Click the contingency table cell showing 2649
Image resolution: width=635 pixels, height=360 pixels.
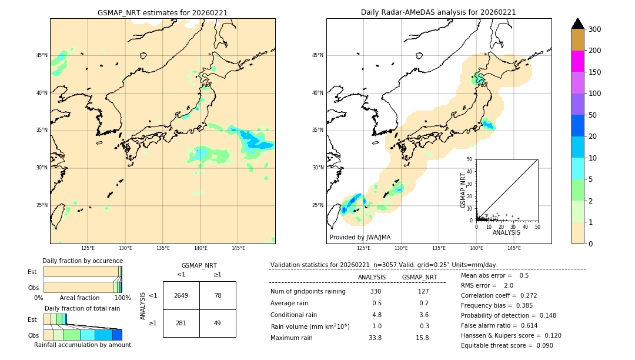181,295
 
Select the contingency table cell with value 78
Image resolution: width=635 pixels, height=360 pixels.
218,295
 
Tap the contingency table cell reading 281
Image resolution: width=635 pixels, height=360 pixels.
181,323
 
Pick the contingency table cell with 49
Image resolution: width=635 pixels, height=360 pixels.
218,323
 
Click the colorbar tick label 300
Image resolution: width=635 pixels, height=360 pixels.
595,29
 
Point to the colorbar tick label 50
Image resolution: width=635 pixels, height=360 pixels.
593,115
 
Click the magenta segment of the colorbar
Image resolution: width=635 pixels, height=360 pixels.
578,61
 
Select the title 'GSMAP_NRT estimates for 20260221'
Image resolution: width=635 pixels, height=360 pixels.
162,12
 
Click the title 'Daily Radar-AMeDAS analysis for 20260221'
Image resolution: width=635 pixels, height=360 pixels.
439,12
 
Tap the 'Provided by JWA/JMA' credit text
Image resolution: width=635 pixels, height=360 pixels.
360,238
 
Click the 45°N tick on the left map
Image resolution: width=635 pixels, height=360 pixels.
42,55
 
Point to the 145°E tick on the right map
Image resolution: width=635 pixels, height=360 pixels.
514,248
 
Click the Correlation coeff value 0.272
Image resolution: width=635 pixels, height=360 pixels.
525,295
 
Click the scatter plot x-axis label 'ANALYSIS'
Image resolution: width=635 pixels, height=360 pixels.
506,233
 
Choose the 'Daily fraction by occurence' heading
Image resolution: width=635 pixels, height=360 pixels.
82,261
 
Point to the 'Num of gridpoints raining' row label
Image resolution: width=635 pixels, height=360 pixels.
308,292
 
